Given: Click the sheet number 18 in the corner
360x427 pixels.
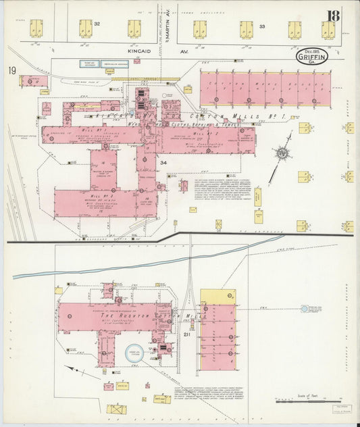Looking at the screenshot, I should tap(333, 16).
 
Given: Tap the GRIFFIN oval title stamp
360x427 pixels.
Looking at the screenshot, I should tap(312, 57).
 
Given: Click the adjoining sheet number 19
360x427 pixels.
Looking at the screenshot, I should tap(12, 71).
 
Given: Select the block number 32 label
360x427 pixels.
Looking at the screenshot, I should tap(97, 24).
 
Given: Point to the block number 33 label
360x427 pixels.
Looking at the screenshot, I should tap(262, 27).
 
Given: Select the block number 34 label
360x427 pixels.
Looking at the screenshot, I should tap(163, 162).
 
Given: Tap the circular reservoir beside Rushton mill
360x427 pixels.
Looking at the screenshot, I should tap(134, 353).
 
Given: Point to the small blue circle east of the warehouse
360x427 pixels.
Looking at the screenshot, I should tap(305, 309).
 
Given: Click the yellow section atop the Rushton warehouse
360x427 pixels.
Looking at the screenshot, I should tap(217, 297).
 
